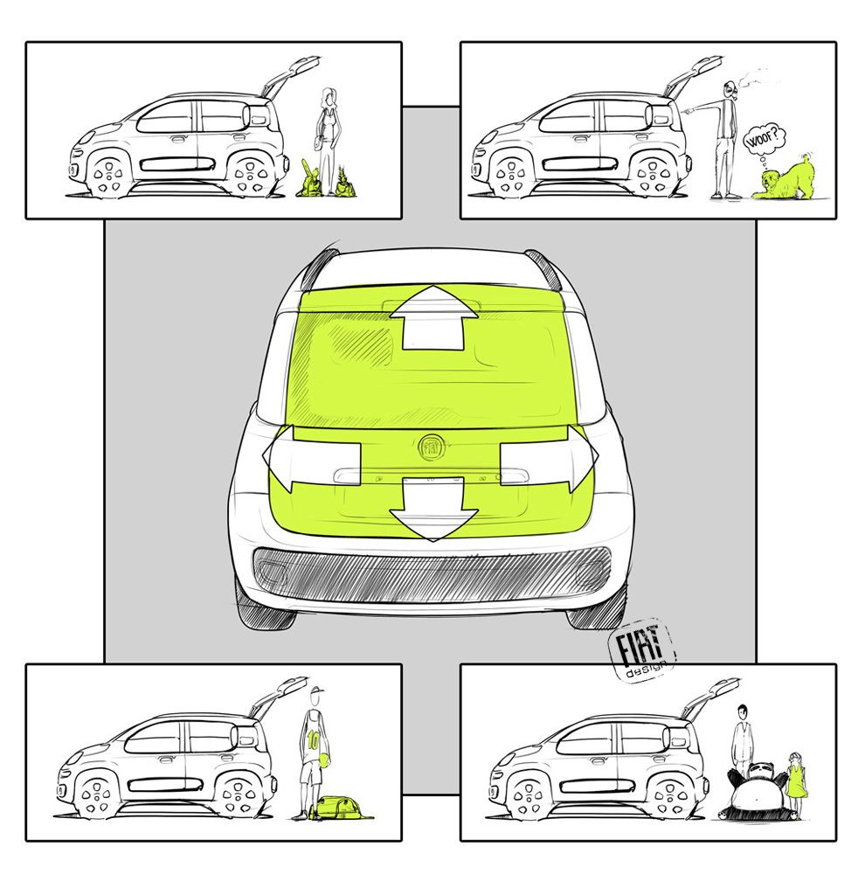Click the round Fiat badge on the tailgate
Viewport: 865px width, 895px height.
pos(432,447)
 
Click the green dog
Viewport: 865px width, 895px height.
pos(782,180)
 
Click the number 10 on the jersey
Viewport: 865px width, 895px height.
pos(312,739)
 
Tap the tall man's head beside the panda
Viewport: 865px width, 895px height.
pos(741,711)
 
